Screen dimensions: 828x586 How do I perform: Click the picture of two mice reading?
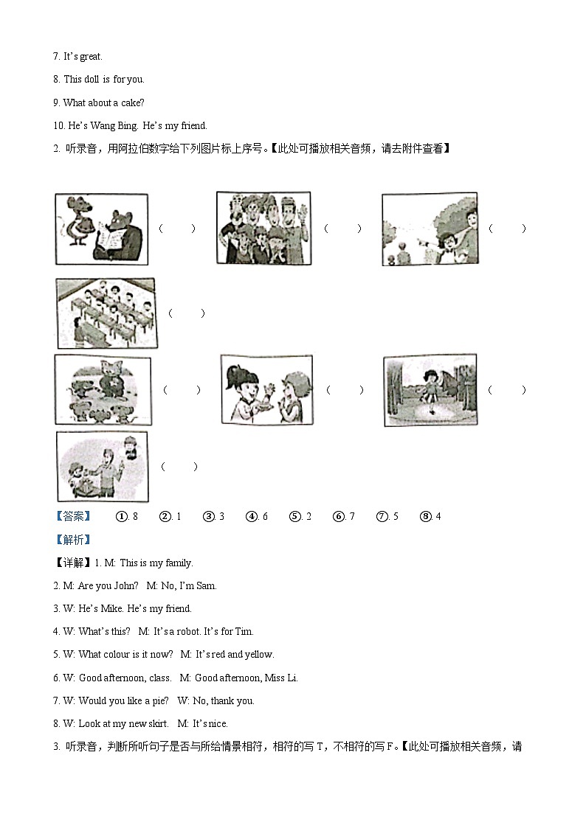coord(101,229)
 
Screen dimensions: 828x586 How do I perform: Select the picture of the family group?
coord(263,228)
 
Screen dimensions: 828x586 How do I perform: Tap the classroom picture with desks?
coord(106,313)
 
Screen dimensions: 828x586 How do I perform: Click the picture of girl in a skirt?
coord(430,389)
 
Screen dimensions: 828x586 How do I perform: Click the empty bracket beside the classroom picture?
coord(186,313)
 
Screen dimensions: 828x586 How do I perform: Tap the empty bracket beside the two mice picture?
coord(177,229)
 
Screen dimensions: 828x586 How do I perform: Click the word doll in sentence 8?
coord(92,79)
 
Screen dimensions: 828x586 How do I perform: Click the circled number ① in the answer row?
coord(122,516)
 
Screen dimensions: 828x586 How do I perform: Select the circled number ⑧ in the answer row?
coord(425,516)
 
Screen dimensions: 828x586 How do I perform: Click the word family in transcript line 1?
coord(176,563)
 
